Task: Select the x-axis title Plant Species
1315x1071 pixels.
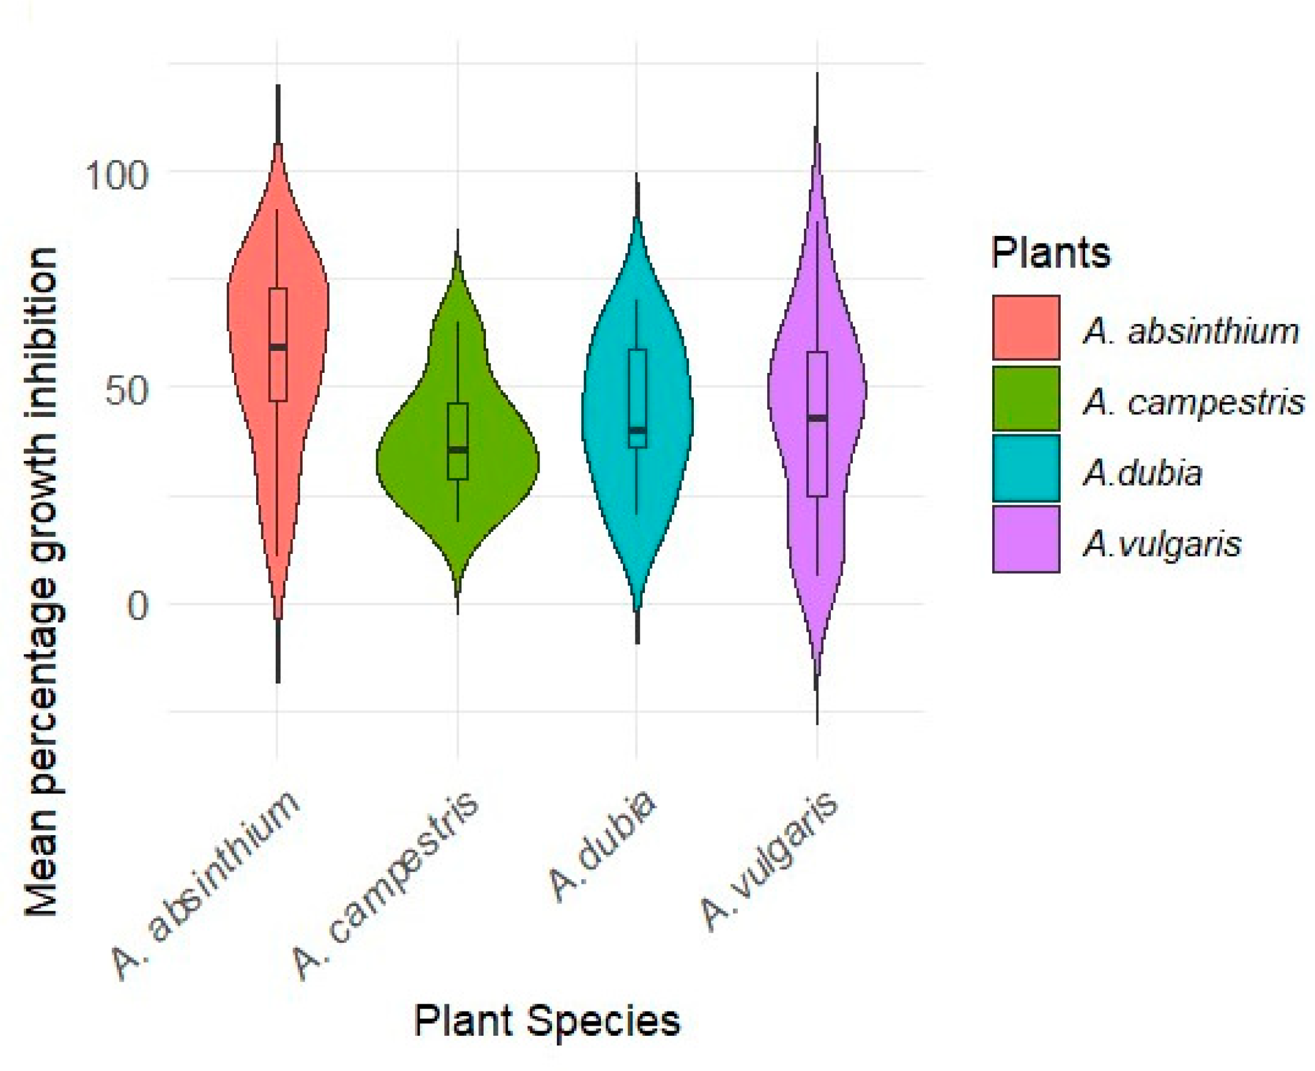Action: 547,1021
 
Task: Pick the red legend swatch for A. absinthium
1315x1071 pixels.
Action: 1026,327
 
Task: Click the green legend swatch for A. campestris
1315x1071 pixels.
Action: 1026,398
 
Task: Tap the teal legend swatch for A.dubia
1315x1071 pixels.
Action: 1026,468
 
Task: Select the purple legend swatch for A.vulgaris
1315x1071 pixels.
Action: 1026,539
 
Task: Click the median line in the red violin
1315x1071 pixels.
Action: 278,347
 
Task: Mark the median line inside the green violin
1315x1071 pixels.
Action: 457,449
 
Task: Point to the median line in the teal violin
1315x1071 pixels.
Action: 637,430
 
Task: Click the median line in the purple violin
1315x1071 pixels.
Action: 817,418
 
